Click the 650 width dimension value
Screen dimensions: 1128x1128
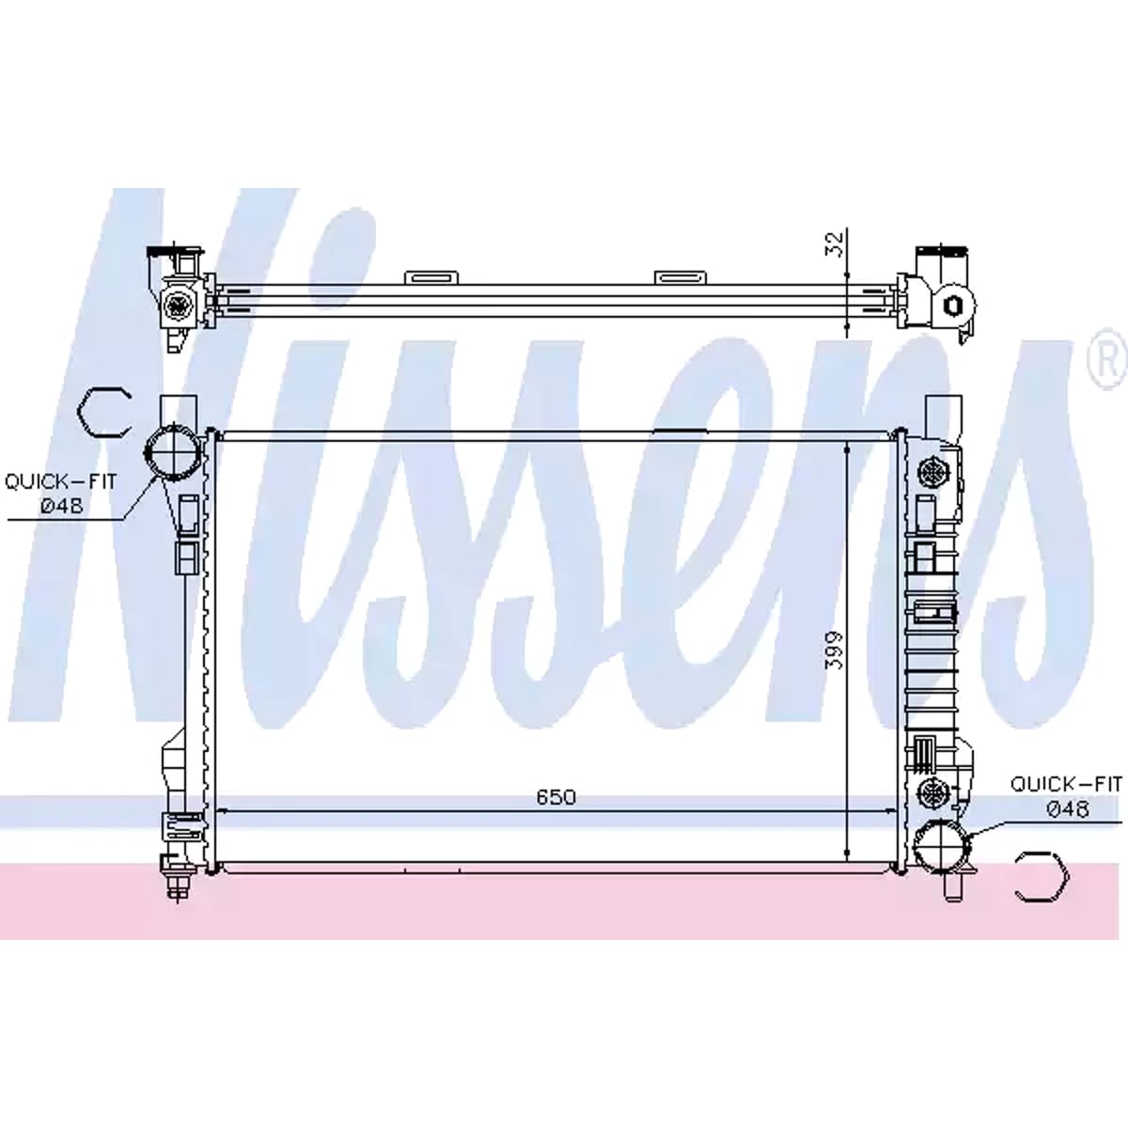(x=556, y=797)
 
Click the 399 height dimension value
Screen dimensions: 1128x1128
(x=834, y=650)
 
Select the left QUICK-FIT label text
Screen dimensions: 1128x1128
(x=61, y=482)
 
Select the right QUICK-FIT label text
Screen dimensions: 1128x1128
(x=1067, y=784)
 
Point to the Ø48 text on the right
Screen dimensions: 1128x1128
(x=1068, y=809)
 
